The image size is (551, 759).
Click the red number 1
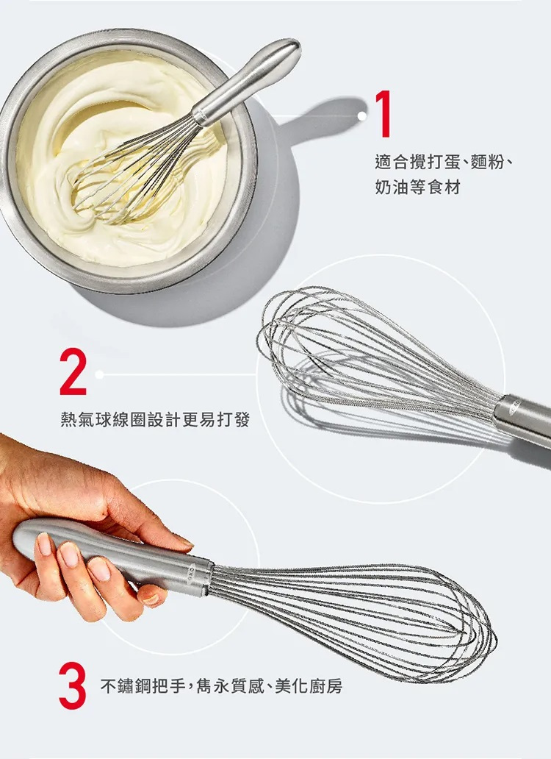(x=383, y=114)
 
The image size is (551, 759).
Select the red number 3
(x=73, y=686)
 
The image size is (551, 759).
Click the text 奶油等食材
(x=417, y=187)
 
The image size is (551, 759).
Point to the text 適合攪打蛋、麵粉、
(x=443, y=163)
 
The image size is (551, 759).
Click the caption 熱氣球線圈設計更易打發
(x=155, y=419)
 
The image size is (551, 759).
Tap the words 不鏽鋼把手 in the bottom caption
(x=143, y=686)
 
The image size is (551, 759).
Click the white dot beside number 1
(x=361, y=115)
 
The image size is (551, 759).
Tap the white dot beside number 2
(x=100, y=374)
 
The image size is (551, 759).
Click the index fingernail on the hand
(x=45, y=544)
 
